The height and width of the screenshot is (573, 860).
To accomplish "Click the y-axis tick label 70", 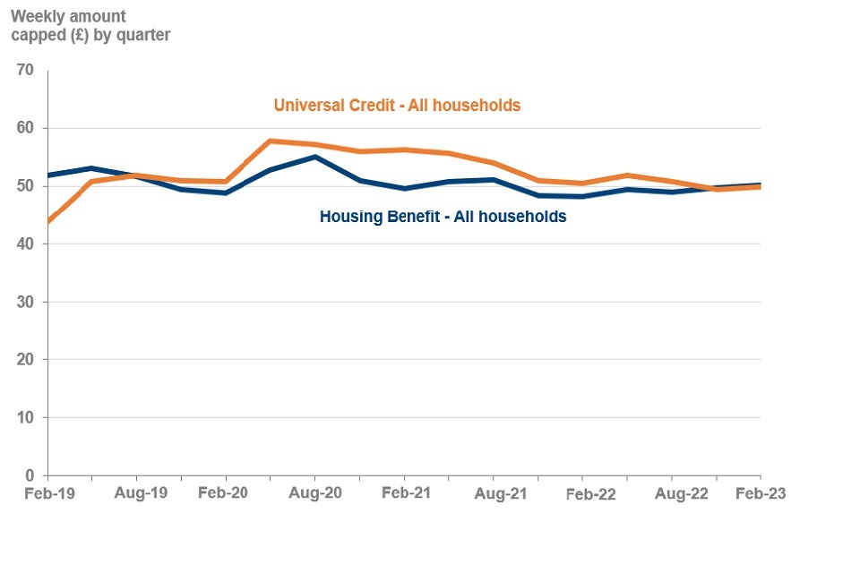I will pyautogui.click(x=24, y=71).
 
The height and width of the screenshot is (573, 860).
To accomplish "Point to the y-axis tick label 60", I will pyautogui.click(x=24, y=128).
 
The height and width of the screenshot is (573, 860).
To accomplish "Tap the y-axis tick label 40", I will pyautogui.click(x=24, y=244).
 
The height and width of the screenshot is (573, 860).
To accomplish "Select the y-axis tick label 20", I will pyautogui.click(x=24, y=360).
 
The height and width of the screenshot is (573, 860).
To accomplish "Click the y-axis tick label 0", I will pyautogui.click(x=30, y=475).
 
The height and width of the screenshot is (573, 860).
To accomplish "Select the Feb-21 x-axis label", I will pyautogui.click(x=405, y=493).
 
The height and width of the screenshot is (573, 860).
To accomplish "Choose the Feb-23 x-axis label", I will pyautogui.click(x=761, y=493).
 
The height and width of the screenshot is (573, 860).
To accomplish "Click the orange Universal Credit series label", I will pyautogui.click(x=397, y=106).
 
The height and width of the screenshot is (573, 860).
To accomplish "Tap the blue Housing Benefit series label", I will pyautogui.click(x=443, y=217).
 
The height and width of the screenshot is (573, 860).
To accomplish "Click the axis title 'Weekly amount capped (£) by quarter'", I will pyautogui.click(x=90, y=26).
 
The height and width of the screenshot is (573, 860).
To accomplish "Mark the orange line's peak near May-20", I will pyautogui.click(x=271, y=141).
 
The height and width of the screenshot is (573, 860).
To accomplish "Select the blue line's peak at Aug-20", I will pyautogui.click(x=314, y=157).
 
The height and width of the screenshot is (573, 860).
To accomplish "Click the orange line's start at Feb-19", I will pyautogui.click(x=48, y=221).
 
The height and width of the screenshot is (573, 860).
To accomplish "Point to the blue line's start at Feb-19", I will pyautogui.click(x=48, y=175).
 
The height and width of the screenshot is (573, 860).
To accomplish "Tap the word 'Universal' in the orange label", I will pyautogui.click(x=308, y=106).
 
